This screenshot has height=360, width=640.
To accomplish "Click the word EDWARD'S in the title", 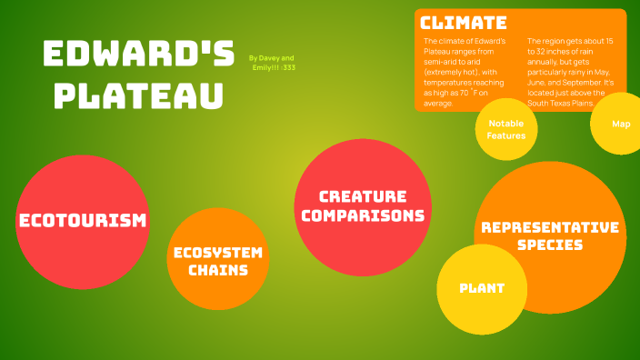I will coord(138,55).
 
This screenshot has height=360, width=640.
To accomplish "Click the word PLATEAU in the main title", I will coord(134,95).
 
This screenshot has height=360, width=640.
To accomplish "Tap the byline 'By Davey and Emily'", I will coord(272,63).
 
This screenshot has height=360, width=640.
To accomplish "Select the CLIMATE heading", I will coord(464,23).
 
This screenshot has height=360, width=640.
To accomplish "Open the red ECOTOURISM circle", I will coord(83,221).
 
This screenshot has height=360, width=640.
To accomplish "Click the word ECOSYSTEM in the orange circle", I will coord(218,252).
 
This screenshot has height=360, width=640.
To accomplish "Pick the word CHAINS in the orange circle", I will coord(218,270).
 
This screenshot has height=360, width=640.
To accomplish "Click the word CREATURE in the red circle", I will coord(363,196).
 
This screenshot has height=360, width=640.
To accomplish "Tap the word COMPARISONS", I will coord(363,215).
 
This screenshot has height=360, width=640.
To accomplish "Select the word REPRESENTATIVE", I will coord(550,226).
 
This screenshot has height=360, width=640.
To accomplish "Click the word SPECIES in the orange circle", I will coord(550,245).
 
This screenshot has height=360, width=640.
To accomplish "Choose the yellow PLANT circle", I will coord(482,288).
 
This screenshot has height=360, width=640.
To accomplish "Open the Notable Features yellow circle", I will coord(506,130).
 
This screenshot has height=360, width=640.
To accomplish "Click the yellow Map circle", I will coord(621,124).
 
